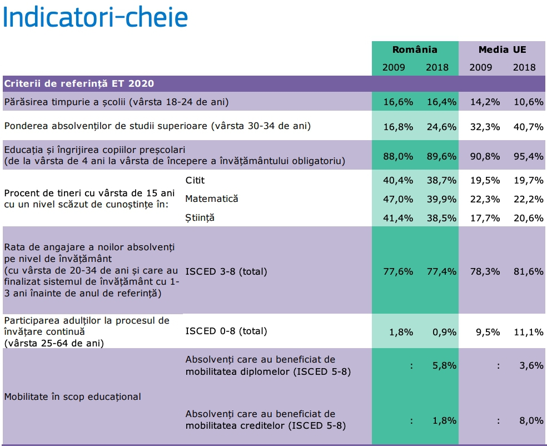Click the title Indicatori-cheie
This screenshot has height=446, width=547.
tap(95, 17)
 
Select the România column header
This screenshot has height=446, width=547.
tap(415, 49)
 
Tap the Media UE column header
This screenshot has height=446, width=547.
tap(502, 49)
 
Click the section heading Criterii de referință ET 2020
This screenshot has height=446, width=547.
tap(79, 84)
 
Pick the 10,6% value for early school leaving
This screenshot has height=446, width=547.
tap(528, 102)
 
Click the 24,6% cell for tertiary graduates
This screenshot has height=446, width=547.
tap(441, 127)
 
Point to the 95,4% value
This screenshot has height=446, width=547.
tap(528, 156)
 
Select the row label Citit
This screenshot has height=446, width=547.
tap(195, 180)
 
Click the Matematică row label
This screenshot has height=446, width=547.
tap(212, 199)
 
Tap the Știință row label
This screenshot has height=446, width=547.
tap(200, 218)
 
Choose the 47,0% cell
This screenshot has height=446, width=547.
tap(398, 199)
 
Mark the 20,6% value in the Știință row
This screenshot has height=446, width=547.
tap(528, 218)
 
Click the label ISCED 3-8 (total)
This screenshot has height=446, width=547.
tap(226, 271)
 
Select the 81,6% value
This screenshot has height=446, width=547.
tap(528, 271)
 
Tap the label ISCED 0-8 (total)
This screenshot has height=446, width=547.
tap(226, 331)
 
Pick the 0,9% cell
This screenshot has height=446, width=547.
tap(444, 332)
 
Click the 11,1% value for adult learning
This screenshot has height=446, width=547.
tap(528, 332)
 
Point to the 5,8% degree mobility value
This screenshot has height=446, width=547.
tap(444, 365)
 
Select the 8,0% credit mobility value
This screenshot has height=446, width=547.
tap(531, 420)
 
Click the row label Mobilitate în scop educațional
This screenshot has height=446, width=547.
tap(73, 397)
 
